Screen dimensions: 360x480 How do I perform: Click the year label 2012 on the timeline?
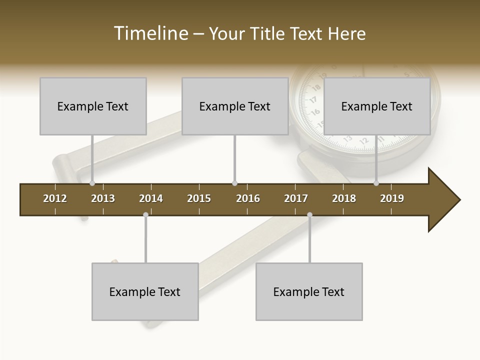click(55, 198)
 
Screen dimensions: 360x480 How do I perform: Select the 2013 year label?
click(103, 198)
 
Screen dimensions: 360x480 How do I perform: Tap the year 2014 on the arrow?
click(151, 198)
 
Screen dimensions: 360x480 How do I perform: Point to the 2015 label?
click(199, 198)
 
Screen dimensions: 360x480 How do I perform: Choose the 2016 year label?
click(248, 198)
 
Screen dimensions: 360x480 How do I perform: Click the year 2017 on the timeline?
click(296, 198)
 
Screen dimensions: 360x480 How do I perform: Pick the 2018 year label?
click(344, 198)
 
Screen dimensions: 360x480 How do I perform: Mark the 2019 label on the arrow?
click(392, 198)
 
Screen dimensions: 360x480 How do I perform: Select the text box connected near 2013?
click(93, 106)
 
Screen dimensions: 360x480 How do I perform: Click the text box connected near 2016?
click(235, 106)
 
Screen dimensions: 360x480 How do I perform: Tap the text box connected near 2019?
click(377, 106)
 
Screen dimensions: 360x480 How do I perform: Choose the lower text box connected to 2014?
click(145, 291)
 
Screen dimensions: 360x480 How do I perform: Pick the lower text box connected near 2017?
click(309, 291)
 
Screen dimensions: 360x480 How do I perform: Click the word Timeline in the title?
click(150, 33)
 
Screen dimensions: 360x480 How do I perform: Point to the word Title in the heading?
click(268, 33)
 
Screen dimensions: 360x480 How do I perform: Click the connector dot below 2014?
click(145, 215)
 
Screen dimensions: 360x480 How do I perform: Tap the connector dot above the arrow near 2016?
click(234, 183)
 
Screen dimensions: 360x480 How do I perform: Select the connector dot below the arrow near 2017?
click(309, 215)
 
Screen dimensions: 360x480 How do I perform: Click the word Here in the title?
click(346, 33)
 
